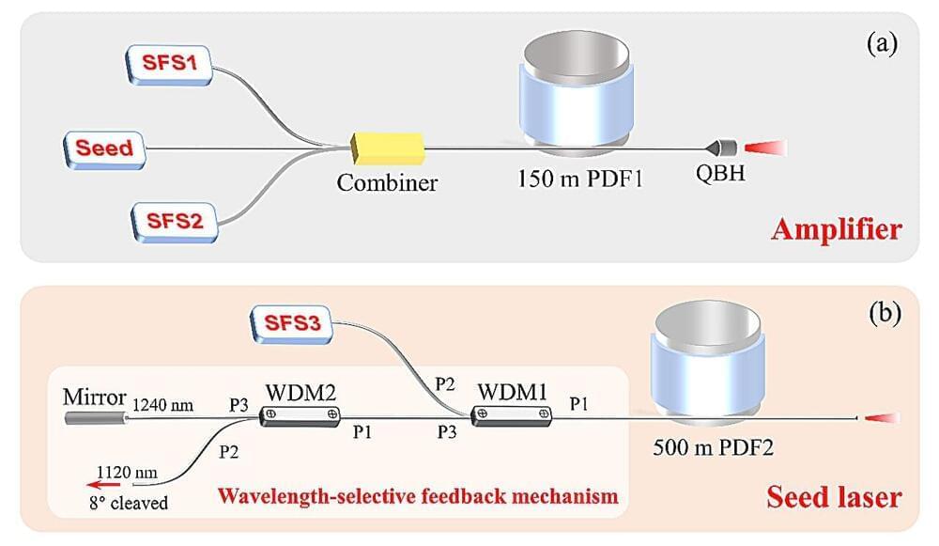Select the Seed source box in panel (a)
(104, 148)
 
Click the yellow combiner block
(387, 148)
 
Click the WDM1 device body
(512, 415)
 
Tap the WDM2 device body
(300, 415)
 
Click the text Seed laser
(834, 497)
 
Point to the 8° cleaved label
(124, 503)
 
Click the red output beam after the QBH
(765, 148)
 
